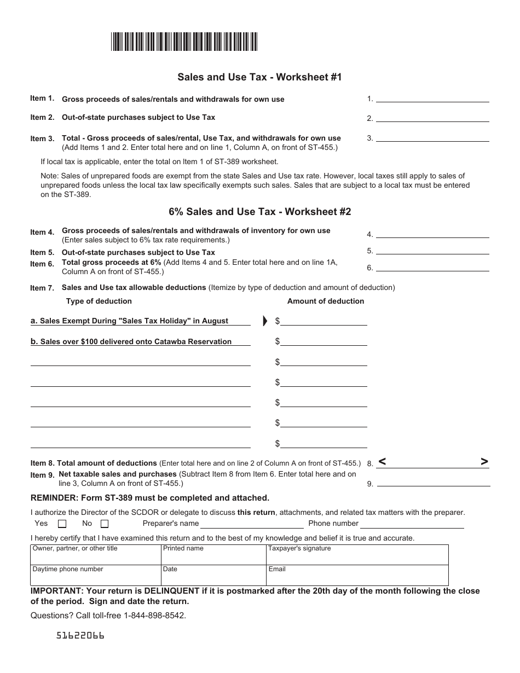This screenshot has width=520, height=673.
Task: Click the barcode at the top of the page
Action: (x=184, y=42)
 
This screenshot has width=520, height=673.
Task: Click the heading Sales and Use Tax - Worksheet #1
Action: (x=259, y=77)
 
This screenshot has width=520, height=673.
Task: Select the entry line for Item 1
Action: (x=432, y=98)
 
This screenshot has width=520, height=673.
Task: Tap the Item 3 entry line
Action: (x=432, y=138)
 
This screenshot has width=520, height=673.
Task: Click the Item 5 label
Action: (x=42, y=252)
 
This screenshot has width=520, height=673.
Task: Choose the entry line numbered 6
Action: (x=432, y=268)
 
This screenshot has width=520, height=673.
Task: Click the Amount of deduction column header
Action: (x=326, y=301)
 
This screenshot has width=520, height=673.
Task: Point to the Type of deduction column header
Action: (x=99, y=301)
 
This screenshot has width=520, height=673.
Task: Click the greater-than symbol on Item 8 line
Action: (x=484, y=462)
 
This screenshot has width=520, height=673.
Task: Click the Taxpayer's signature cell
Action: (x=357, y=554)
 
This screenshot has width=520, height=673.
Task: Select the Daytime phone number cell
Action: (x=96, y=575)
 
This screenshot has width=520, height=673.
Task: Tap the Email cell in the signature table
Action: (x=357, y=575)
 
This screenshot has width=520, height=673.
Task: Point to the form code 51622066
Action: (x=80, y=636)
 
